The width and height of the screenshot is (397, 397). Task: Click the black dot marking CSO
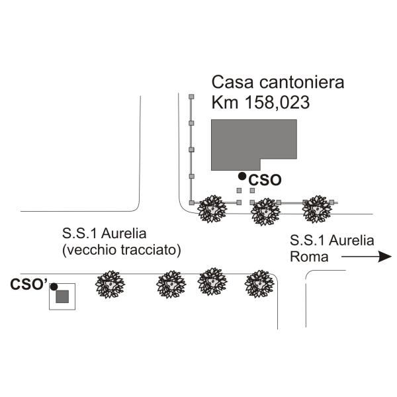pos(242,176)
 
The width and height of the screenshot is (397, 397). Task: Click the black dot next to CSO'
pos(54,287)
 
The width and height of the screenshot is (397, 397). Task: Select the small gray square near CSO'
pos(62,296)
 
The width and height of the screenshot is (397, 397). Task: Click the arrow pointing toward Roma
pos(367,257)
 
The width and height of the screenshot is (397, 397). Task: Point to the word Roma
pos(309,257)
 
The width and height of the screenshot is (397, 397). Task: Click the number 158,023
pos(277,103)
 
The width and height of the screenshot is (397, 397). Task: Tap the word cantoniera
pos(302,83)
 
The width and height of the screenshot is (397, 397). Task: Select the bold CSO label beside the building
pos(265,180)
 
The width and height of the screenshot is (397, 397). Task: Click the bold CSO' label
pos(29,284)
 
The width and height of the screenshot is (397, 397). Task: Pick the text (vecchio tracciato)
pos(122,250)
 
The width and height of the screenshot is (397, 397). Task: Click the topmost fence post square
pos(192,97)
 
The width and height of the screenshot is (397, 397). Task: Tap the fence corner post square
pos(192,202)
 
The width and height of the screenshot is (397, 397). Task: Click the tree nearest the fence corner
pos(212,209)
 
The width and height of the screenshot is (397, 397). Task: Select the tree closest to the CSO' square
pos(110,285)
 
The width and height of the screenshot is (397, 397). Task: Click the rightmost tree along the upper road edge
pos(317,209)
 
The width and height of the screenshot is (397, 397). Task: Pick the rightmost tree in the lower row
pos(259,284)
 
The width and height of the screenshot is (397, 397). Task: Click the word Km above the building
pos(225,103)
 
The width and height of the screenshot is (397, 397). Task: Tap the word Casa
pos(232,83)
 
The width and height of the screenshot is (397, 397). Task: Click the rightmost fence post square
pos(331,202)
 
